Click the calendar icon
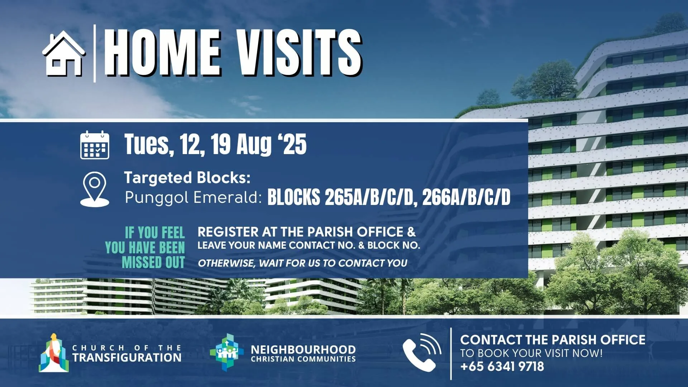(x=95, y=145)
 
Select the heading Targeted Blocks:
(x=187, y=178)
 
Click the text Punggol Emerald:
(x=193, y=197)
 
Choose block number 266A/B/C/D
(x=467, y=197)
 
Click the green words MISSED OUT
(x=153, y=262)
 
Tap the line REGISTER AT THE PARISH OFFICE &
(x=307, y=232)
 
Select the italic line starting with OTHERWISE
(x=302, y=263)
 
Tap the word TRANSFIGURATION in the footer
(x=127, y=358)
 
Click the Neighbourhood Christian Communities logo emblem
(x=226, y=352)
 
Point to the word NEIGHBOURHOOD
(x=303, y=349)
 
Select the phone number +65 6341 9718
(x=502, y=367)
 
